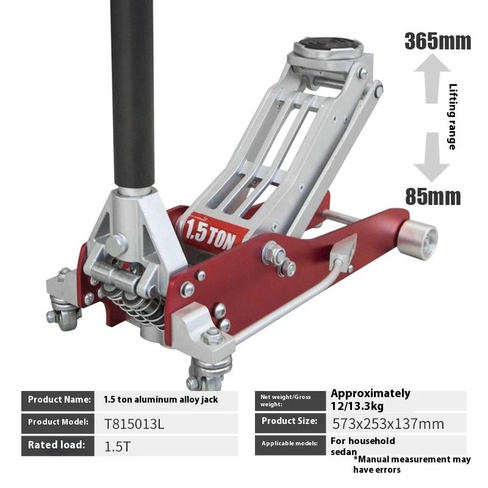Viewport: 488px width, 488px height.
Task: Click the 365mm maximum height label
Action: [x=437, y=41]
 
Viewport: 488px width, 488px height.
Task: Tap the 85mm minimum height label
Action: [x=433, y=196]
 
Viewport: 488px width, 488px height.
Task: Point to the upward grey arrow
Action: [x=432, y=79]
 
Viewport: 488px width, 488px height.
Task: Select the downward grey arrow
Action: [x=432, y=157]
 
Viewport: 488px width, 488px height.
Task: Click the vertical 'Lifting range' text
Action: [x=452, y=117]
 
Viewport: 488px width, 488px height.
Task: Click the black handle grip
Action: [x=132, y=93]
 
